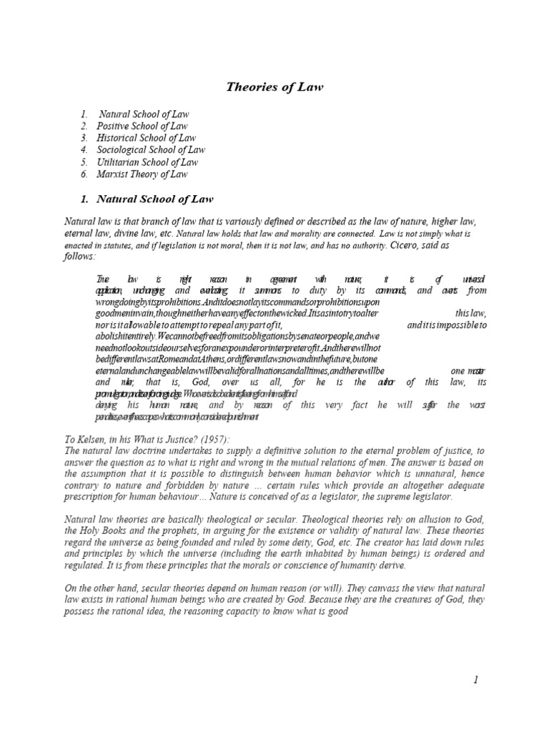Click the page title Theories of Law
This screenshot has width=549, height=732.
point(274,87)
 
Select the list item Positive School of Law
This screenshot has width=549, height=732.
point(143,126)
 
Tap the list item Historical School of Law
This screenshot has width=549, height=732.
point(147,138)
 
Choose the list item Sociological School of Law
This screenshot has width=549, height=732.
point(152,150)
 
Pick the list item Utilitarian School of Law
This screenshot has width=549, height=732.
point(148,162)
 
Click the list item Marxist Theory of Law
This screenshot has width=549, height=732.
point(143,174)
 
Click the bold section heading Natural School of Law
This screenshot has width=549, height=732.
point(154,199)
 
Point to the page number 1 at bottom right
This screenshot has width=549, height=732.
point(475,680)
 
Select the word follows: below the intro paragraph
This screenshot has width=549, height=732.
point(80,256)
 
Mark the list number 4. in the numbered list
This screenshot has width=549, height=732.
point(84,150)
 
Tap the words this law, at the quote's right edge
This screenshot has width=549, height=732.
point(470,313)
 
